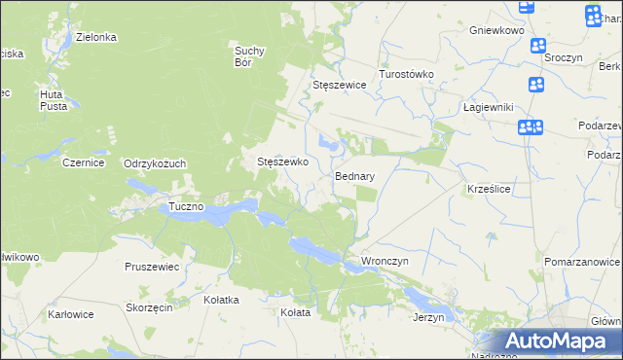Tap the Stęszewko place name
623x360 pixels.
click(282, 162)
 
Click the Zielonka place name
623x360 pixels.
click(96, 37)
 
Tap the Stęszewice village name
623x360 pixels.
click(339, 86)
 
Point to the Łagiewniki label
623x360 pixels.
click(488, 108)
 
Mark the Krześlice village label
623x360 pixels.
click(489, 189)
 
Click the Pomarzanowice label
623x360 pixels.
click(582, 263)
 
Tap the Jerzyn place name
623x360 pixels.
click(428, 317)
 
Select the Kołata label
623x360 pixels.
click(295, 312)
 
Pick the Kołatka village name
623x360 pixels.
click(221, 300)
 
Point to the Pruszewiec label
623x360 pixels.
click(152, 266)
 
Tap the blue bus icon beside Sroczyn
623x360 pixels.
click(537, 44)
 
